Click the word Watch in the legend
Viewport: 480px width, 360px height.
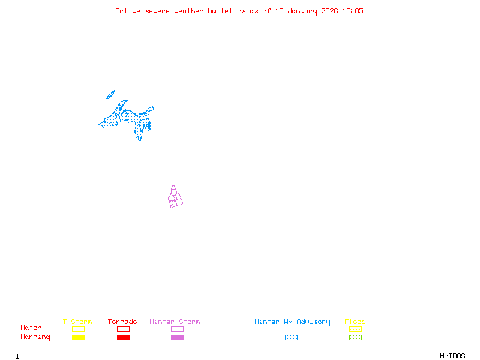pos(31,328)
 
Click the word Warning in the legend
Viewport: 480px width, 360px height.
pos(35,337)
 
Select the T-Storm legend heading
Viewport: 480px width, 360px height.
pos(77,322)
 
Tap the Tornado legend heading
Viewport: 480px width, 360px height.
pos(122,322)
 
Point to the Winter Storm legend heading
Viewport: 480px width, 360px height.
pos(175,322)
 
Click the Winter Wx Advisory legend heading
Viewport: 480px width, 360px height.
pos(292,322)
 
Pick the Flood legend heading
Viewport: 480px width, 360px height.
pos(355,322)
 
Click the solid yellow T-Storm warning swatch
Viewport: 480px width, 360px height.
pos(78,338)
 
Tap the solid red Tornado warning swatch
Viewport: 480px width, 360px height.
pos(123,338)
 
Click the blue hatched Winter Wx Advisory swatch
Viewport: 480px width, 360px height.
pos(291,338)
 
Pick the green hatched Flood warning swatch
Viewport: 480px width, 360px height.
pos(355,338)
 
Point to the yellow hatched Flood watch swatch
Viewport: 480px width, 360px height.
pos(355,329)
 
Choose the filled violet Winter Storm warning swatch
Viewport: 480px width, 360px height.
pos(177,338)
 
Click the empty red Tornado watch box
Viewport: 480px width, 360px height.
pos(123,329)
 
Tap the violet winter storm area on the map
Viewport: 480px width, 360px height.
pos(175,199)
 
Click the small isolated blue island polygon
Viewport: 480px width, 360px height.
pos(110,94)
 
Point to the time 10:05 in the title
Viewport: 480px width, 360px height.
pos(353,11)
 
